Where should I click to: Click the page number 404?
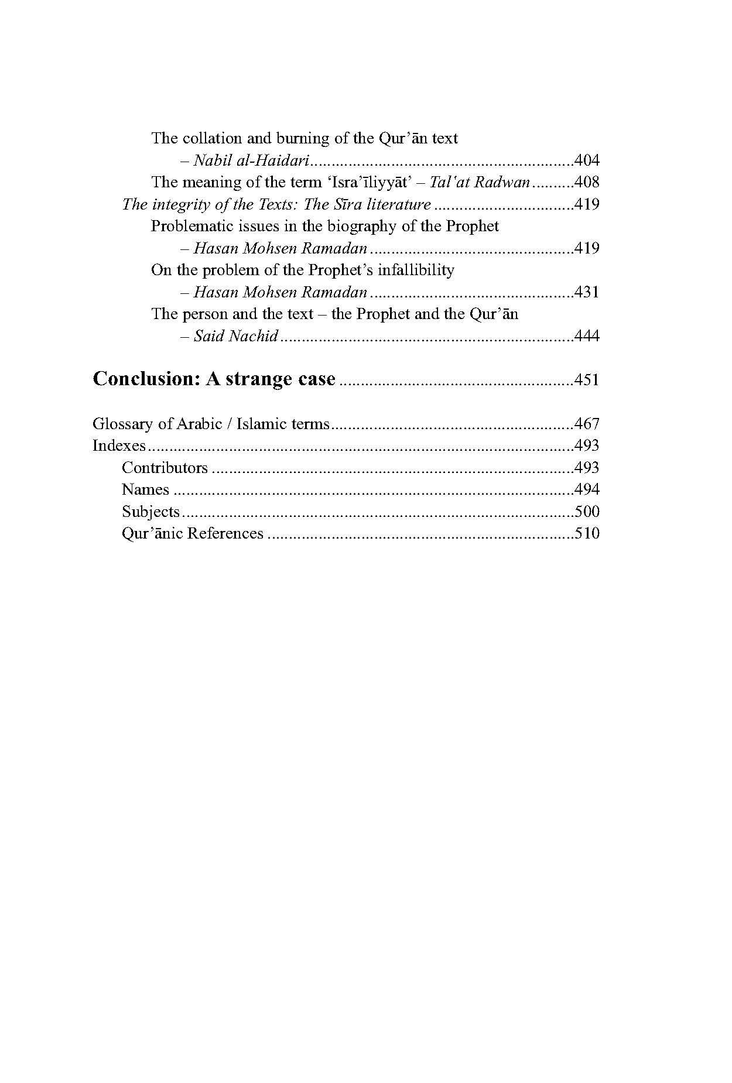[x=587, y=160]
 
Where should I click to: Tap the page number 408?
[x=587, y=182]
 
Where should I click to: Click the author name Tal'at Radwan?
[x=480, y=182]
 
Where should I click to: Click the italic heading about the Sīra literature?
[x=276, y=204]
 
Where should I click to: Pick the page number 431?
[x=587, y=292]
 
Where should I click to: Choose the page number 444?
[x=587, y=336]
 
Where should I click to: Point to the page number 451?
[x=587, y=380]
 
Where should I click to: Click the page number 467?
[x=587, y=424]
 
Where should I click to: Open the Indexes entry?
[x=119, y=445]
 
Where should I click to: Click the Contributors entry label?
[x=165, y=468]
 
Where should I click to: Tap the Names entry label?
[x=145, y=489]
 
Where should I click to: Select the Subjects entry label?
[x=150, y=512]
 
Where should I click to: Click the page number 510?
[x=587, y=533]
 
